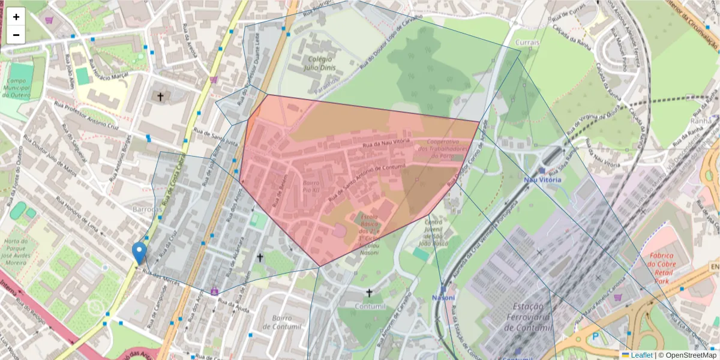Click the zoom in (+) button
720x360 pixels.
click(x=16, y=17)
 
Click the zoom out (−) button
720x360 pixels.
click(x=16, y=35)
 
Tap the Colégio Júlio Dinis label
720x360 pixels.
click(x=324, y=64)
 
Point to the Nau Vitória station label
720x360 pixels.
click(x=542, y=179)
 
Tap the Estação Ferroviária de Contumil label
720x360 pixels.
click(x=519, y=319)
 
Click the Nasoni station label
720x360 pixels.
click(x=443, y=298)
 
